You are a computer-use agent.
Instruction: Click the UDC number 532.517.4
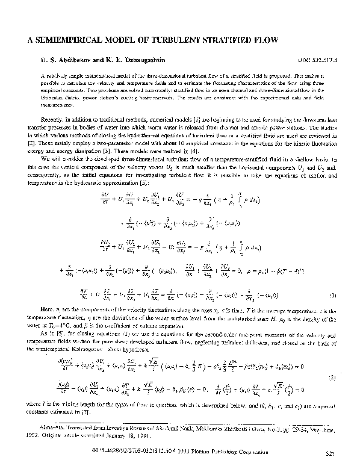click(318, 61)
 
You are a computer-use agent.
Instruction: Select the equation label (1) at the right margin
click(331, 296)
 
